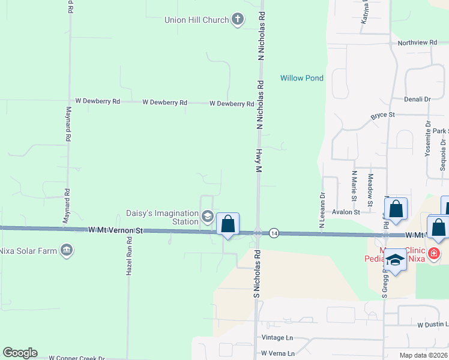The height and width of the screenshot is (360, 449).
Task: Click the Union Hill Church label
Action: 197,20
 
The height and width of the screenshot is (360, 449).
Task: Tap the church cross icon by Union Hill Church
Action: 238,19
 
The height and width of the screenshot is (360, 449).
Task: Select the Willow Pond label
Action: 302,78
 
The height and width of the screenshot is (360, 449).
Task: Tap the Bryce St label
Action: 382,115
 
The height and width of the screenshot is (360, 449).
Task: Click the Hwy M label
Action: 260,161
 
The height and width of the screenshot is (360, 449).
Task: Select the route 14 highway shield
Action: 274,232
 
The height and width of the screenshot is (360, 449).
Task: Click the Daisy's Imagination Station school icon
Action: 208,217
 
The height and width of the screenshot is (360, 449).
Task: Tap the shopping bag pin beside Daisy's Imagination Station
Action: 228,224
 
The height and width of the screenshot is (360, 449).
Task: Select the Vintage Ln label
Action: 277,338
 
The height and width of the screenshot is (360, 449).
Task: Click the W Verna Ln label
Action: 278,353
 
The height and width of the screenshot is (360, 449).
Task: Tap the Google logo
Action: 20,353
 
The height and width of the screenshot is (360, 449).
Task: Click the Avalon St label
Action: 346,212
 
